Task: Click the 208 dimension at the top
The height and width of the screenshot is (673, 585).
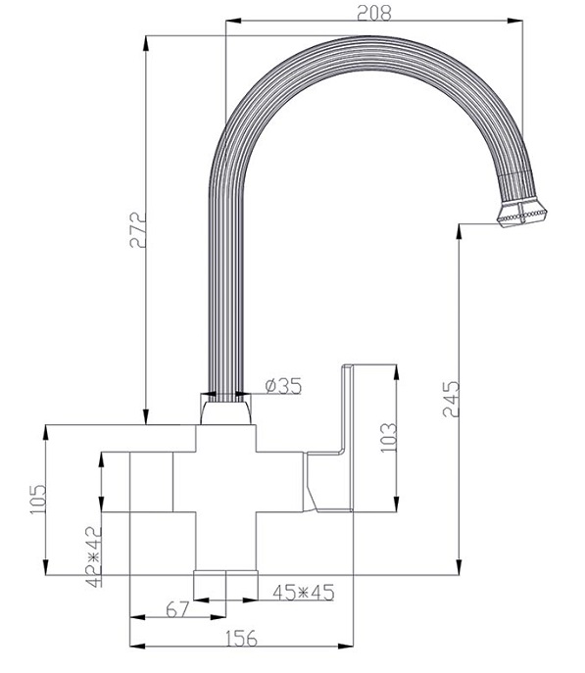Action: pos(374,13)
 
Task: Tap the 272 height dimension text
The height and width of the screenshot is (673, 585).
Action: pos(138,229)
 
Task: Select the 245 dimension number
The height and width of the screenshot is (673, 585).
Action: pos(451,399)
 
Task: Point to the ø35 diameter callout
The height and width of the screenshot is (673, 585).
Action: pos(283,385)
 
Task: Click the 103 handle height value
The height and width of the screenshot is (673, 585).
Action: pos(388,437)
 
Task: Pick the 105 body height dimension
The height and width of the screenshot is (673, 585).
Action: pos(38,500)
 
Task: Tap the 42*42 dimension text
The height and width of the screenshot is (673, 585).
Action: pos(94,556)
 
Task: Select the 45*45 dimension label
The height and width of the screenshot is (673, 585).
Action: pos(303,593)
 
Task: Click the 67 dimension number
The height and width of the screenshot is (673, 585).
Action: pos(177,609)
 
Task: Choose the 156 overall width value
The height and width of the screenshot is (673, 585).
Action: pos(240,639)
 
